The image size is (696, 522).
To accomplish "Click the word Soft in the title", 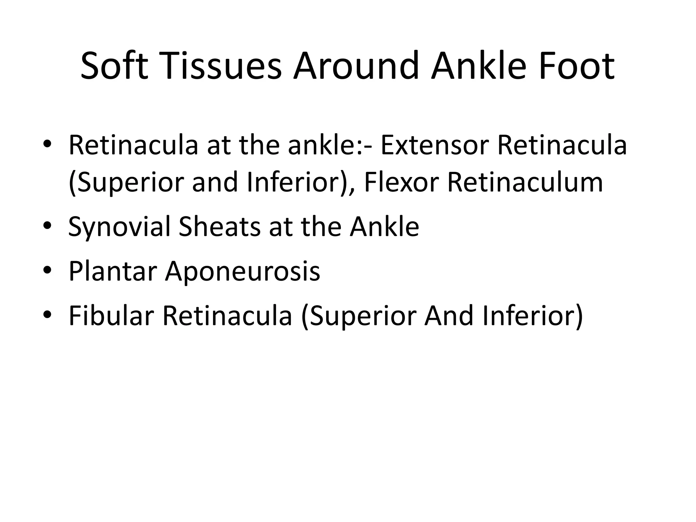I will (114, 66).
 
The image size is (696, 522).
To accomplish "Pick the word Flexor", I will (401, 182).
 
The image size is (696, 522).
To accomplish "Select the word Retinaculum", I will (525, 182).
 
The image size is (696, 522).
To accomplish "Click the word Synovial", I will (119, 227).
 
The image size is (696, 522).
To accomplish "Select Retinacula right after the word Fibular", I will (227, 316).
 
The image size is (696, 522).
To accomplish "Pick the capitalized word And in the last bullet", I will (449, 316).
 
